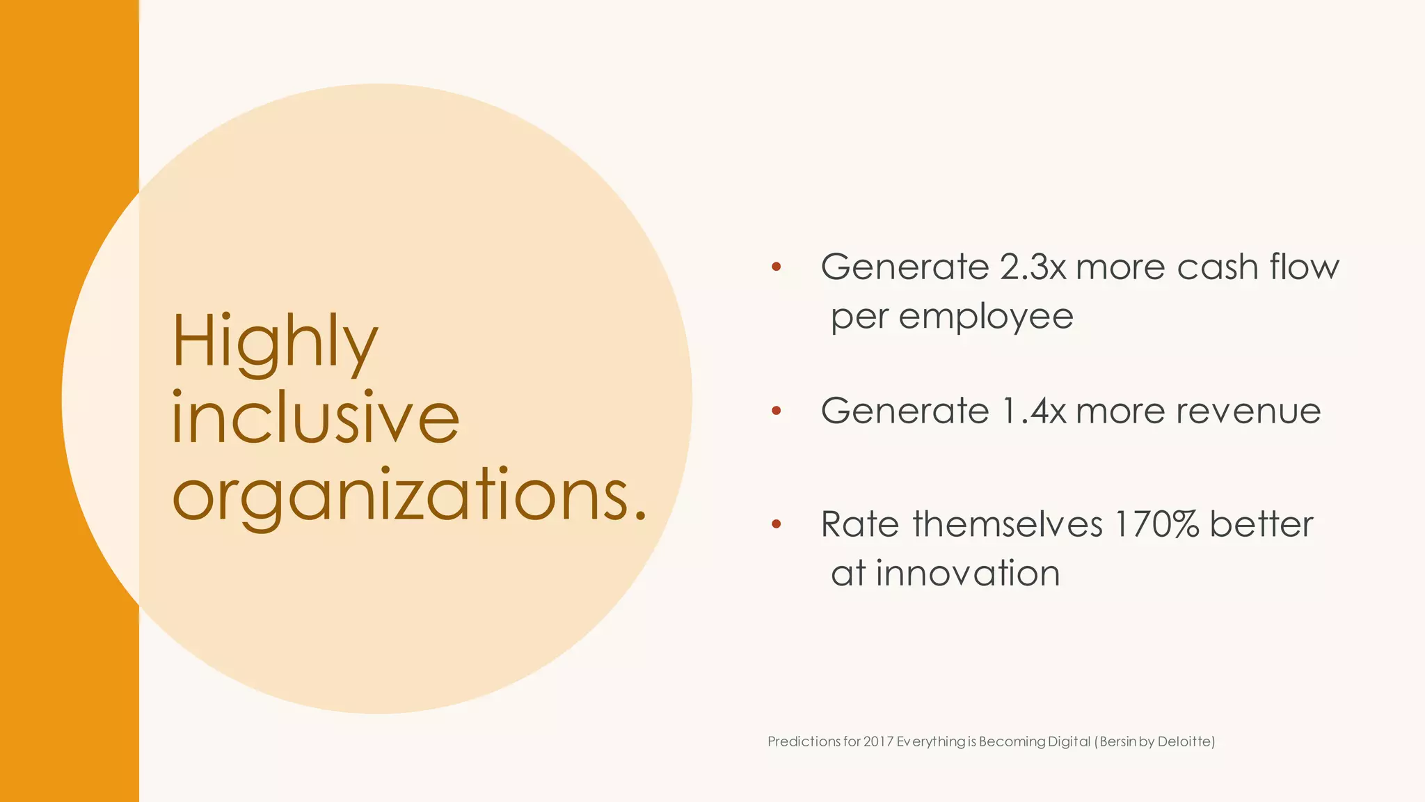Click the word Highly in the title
pyautogui.click(x=274, y=343)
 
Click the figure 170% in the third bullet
pyautogui.click(x=1156, y=524)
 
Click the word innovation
pyautogui.click(x=967, y=574)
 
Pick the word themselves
pyautogui.click(x=1007, y=524)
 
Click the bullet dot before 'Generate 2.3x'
pyautogui.click(x=777, y=267)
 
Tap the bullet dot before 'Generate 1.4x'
pyautogui.click(x=777, y=411)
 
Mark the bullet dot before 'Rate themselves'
pyautogui.click(x=777, y=524)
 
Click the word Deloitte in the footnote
pyautogui.click(x=1185, y=741)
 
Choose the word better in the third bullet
pyautogui.click(x=1261, y=524)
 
